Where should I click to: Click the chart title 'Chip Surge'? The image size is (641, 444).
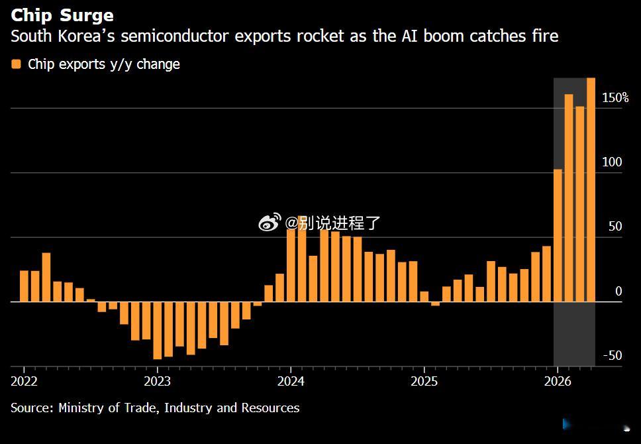point(62,15)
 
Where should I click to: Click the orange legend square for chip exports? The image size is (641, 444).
point(16,64)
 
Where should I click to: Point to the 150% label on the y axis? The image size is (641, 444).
point(615,97)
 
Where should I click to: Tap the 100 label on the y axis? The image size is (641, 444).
point(612,162)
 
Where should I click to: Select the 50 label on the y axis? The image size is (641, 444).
point(615,226)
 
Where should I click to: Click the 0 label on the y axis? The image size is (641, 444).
point(618,291)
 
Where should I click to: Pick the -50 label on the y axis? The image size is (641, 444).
point(613,355)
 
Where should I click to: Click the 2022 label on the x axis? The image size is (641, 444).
point(24,382)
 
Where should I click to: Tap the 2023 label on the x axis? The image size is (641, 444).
point(158,382)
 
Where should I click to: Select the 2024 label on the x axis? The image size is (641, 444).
point(291,382)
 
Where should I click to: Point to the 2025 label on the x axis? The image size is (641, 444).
point(424,382)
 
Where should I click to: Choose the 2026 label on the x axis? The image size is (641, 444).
point(558,382)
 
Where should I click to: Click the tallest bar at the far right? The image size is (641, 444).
point(591,190)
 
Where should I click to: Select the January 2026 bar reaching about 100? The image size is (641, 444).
point(558,235)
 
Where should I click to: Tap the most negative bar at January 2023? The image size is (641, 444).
point(158,331)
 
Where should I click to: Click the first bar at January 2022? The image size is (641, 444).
point(24,286)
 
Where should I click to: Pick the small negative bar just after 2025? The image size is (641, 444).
point(435,304)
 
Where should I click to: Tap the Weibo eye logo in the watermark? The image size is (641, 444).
point(270,222)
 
